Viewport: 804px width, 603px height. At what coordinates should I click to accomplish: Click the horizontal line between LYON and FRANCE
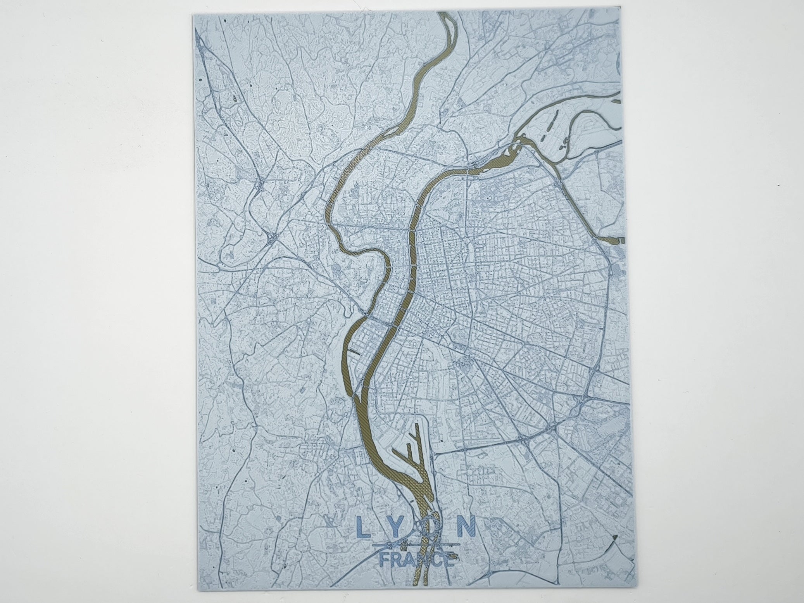pos(416,546)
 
